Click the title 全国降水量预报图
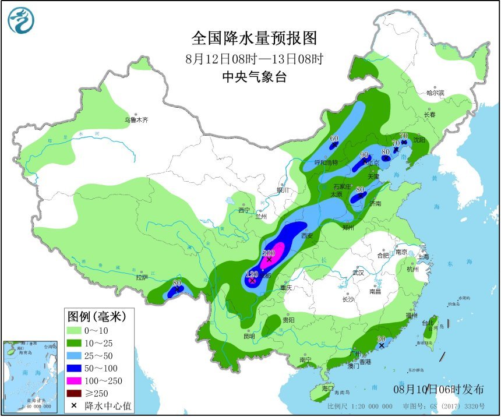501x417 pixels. (x=254, y=38)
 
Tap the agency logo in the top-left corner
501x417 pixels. (x=21, y=20)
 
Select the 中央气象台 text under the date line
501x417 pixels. (x=254, y=77)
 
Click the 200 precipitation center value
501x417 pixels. (x=269, y=253)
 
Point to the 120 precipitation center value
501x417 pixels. (x=252, y=274)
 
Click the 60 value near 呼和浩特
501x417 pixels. (x=334, y=139)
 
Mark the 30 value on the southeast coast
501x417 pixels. (x=382, y=339)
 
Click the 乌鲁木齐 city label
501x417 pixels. (x=136, y=120)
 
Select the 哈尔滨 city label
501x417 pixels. (x=435, y=93)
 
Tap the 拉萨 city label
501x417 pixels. (x=142, y=277)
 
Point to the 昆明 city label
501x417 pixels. (x=249, y=336)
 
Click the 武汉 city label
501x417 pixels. (x=358, y=273)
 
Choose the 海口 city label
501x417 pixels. (x=327, y=388)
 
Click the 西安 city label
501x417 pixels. (x=308, y=236)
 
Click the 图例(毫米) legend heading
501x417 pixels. (x=97, y=317)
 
